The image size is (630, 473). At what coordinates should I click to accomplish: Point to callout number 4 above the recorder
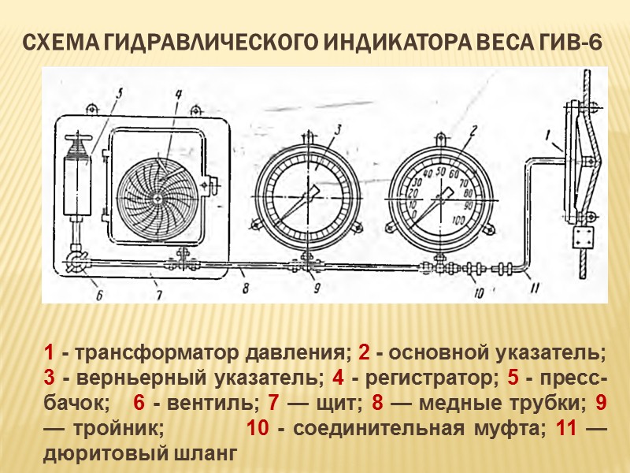point(179,94)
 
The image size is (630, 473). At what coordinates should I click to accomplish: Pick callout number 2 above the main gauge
point(474,130)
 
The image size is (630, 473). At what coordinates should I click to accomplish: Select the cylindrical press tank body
point(80,184)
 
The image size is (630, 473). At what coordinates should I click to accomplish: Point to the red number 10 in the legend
point(258,430)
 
